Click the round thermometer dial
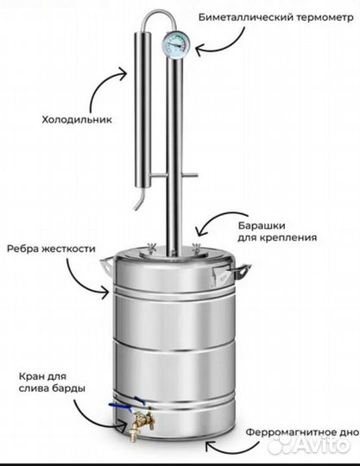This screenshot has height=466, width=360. (x=176, y=45)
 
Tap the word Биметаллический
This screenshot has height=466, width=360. (x=246, y=17)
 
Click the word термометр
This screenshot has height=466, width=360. (x=325, y=17)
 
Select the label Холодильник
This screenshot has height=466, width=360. (x=77, y=120)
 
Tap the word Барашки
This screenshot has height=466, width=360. (x=262, y=225)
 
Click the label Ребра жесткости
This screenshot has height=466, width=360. (x=51, y=248)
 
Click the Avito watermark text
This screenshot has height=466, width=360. (x=321, y=445)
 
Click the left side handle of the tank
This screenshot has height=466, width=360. (x=107, y=267)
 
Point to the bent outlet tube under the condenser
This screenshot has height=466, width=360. (x=140, y=198)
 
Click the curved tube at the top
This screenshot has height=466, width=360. (x=158, y=16)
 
